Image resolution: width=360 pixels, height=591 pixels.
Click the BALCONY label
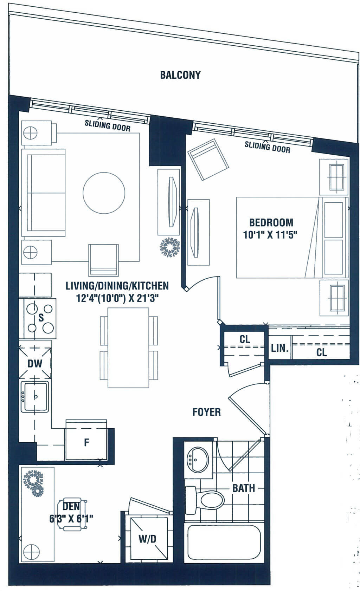[180, 75]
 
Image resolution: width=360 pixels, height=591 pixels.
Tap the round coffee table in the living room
[104, 193]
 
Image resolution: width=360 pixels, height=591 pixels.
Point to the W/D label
[148, 539]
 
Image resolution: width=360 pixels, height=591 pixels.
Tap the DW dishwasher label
[34, 364]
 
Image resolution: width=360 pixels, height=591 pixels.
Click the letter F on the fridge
[86, 442]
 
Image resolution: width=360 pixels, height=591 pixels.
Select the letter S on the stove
[41, 318]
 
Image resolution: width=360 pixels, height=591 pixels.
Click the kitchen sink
[35, 397]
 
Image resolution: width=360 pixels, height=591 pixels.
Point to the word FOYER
[206, 412]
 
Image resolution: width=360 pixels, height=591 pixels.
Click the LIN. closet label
[279, 348]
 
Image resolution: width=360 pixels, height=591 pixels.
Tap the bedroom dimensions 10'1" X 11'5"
[270, 235]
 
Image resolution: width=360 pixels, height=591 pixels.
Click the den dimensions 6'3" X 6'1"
[71, 519]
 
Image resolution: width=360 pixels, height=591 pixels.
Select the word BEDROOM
[271, 222]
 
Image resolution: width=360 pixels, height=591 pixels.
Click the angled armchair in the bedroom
[208, 160]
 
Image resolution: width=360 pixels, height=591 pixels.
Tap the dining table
[128, 348]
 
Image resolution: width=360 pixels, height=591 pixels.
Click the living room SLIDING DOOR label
[108, 125]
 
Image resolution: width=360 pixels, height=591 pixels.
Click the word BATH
[243, 488]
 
